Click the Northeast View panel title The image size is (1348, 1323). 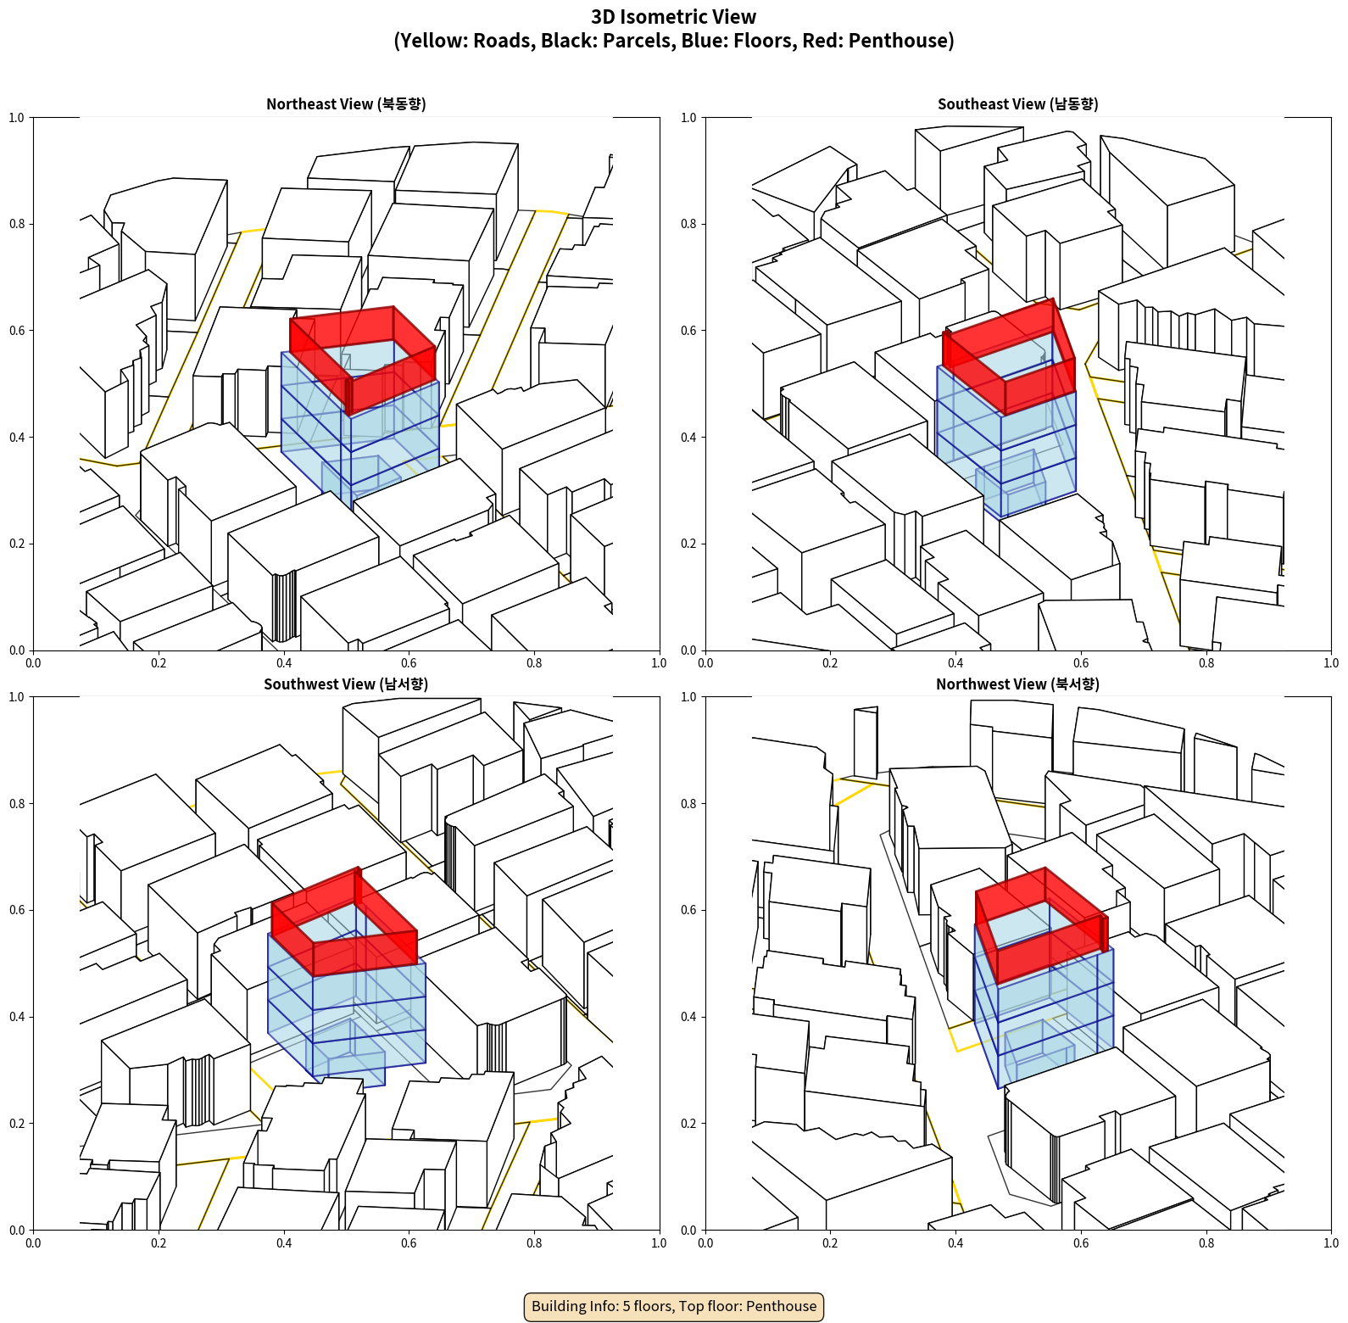[346, 103]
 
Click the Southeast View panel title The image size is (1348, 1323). [1017, 103]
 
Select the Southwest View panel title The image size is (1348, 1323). [346, 684]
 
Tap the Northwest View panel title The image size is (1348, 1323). [1017, 684]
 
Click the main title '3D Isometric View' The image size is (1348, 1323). [674, 17]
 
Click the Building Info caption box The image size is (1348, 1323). [674, 1306]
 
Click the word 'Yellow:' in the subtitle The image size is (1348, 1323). [434, 41]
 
